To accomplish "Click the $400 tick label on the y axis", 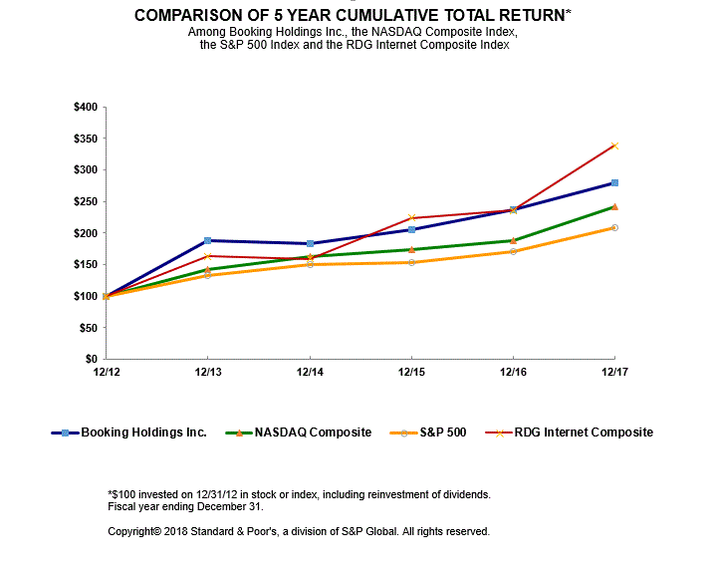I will coord(86,107).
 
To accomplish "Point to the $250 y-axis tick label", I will coord(86,201).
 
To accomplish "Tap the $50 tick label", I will coord(89,327).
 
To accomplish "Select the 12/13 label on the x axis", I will coord(207,372).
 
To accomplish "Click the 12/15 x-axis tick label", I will coord(411,372).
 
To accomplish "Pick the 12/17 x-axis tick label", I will coord(614,372).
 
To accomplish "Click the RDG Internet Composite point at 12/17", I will coord(614,145).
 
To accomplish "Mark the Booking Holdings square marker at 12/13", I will coord(207,240).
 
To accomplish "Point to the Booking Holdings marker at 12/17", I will coord(614,182).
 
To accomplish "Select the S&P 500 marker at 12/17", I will coord(614,227).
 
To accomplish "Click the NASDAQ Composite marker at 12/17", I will coord(614,206).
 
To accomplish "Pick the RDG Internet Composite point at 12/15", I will coord(411,217).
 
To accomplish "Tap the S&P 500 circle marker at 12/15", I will coord(411,262).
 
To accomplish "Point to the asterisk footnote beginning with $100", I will coord(299,494).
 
